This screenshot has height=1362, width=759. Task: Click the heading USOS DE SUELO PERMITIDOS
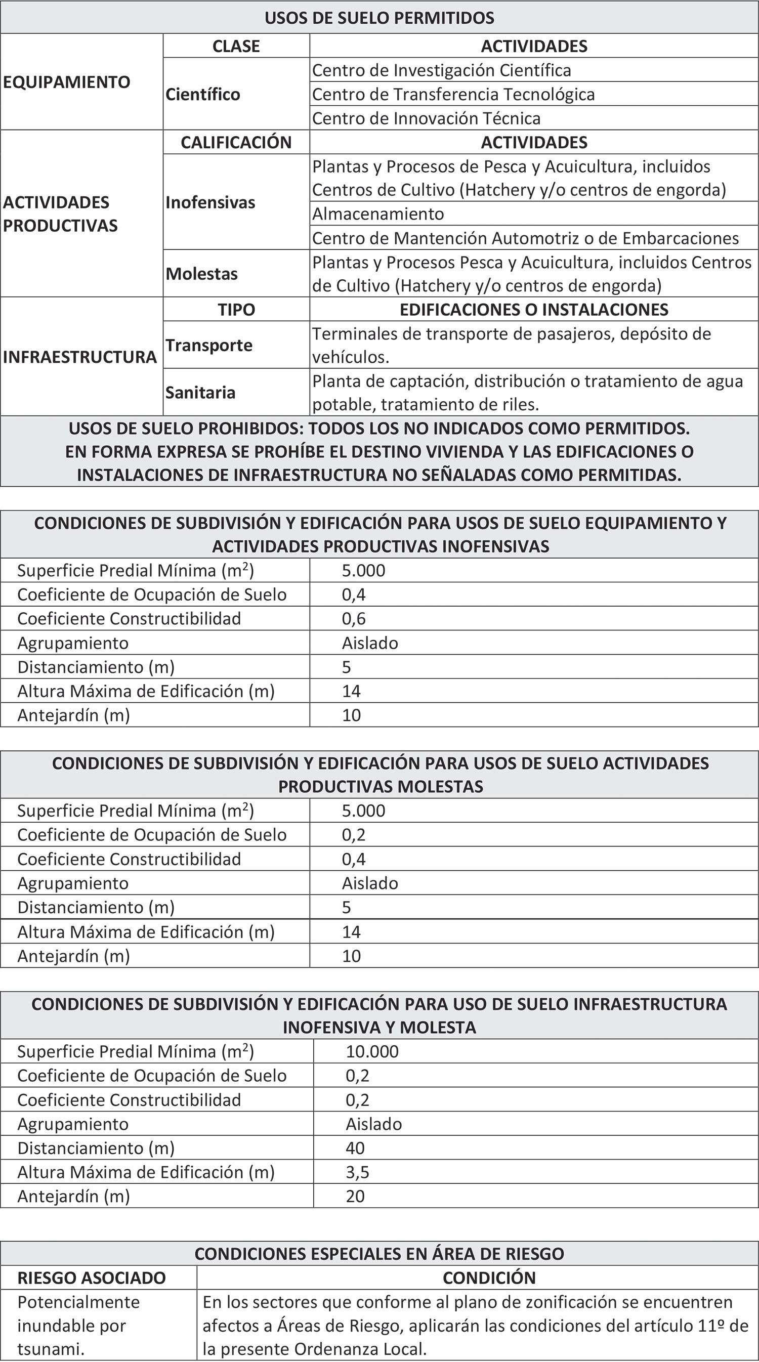(379, 18)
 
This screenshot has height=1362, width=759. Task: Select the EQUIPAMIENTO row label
(67, 82)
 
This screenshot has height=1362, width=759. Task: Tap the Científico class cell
(202, 94)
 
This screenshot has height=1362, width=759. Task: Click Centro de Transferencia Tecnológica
(453, 94)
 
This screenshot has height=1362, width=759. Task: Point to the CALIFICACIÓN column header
(236, 142)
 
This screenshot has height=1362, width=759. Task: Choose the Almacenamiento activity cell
(377, 214)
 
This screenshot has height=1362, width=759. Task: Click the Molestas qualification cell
(201, 273)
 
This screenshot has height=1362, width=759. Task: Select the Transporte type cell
(209, 345)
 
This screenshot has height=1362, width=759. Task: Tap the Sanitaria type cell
(200, 392)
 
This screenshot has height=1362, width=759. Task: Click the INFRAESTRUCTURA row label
(80, 357)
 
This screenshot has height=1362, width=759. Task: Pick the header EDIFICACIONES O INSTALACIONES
(534, 309)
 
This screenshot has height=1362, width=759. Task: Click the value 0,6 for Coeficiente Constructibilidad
(354, 619)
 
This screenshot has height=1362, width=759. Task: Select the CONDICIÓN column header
(489, 1278)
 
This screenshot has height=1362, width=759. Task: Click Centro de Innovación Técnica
(427, 118)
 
